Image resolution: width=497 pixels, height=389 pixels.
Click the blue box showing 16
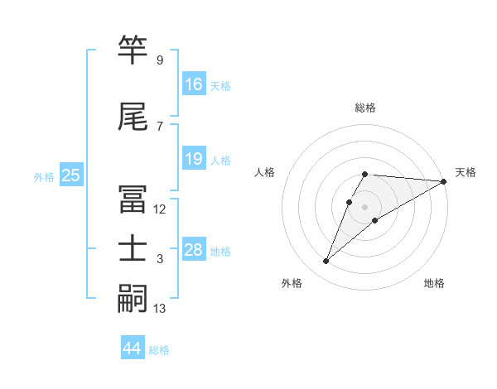(x=194, y=84)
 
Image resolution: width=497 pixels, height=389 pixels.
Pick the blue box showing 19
(x=194, y=160)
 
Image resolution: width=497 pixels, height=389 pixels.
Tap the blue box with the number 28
(x=194, y=251)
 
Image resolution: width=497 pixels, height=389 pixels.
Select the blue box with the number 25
(x=70, y=175)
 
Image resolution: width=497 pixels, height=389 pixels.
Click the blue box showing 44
(x=133, y=348)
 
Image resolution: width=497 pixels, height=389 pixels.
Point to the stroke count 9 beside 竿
(x=159, y=60)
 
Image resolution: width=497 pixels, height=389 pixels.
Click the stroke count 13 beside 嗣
(x=160, y=309)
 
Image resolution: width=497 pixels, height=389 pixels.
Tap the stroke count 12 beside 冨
(x=160, y=209)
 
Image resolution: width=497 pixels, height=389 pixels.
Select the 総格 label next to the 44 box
(x=159, y=350)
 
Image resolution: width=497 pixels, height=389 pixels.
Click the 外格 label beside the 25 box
(x=44, y=176)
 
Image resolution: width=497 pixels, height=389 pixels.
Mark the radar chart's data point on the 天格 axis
(x=445, y=182)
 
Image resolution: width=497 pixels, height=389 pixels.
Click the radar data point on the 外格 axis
(x=326, y=262)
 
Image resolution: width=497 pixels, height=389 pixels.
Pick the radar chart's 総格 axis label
(x=365, y=108)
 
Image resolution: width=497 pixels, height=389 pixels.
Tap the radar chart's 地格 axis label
(x=434, y=284)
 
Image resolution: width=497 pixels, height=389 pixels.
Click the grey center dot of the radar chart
(x=365, y=206)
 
